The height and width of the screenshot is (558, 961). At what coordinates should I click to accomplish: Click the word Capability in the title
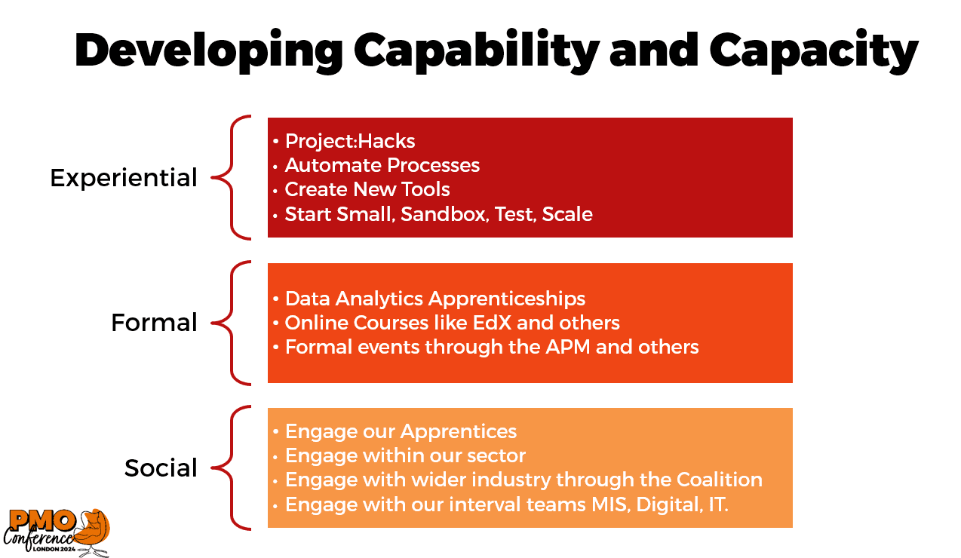tap(476, 51)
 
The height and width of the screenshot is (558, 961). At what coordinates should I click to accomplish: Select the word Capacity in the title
tap(814, 51)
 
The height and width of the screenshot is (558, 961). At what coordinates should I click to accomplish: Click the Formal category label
tap(154, 323)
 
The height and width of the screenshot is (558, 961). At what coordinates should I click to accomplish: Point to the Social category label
tap(161, 468)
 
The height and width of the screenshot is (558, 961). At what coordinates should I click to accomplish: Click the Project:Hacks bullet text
tap(350, 142)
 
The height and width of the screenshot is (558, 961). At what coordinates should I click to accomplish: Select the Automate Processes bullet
tap(382, 166)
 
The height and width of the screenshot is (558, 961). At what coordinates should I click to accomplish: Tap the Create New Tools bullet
tap(367, 189)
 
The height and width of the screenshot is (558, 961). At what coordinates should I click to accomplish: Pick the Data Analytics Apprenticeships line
tap(435, 299)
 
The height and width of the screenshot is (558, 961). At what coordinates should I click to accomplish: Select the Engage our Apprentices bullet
tap(401, 431)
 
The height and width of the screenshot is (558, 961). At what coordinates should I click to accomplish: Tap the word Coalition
tap(720, 480)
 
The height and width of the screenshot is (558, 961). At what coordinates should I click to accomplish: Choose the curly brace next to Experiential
tap(232, 177)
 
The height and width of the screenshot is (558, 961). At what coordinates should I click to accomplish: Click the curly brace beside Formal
tap(232, 323)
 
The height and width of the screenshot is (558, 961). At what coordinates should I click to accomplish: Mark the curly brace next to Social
tap(232, 468)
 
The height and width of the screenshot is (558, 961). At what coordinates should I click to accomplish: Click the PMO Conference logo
tap(57, 532)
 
